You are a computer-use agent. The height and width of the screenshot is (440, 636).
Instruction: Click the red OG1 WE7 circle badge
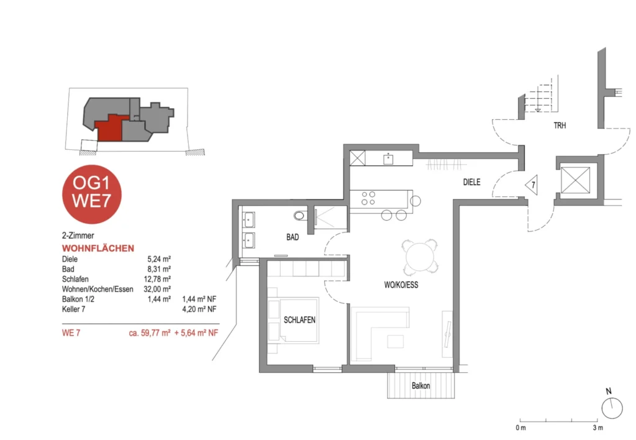[x=92, y=194]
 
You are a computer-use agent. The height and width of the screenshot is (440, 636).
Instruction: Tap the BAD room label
[x=293, y=237]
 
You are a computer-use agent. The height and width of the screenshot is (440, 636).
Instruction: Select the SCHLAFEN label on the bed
[x=299, y=320]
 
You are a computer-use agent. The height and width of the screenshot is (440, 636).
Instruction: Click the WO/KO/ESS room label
[x=401, y=285]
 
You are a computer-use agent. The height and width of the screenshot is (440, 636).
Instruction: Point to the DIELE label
[x=472, y=182]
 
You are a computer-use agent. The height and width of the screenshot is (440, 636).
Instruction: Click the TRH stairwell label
[x=560, y=126]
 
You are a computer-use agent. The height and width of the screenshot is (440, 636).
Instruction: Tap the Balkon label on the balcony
[x=420, y=385]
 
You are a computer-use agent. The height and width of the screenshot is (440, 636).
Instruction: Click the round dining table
[x=420, y=257]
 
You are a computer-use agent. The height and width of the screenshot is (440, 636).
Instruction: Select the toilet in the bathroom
[x=301, y=215]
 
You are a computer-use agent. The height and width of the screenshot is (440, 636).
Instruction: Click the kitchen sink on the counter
[x=388, y=158]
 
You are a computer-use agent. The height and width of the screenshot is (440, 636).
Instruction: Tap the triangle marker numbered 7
[x=532, y=185]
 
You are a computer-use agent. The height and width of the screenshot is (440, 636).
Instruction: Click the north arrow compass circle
[x=612, y=408]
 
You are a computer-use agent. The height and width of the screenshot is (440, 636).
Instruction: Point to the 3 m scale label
[x=597, y=428]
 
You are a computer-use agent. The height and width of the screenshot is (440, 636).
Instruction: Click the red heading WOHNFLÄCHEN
[x=98, y=249]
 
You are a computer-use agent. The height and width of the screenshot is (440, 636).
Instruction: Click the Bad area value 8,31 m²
[x=159, y=269]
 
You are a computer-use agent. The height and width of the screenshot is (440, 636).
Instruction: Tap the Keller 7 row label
[x=73, y=309]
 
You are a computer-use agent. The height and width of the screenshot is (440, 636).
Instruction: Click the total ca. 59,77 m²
[x=150, y=333]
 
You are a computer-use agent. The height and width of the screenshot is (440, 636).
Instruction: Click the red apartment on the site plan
[x=109, y=128]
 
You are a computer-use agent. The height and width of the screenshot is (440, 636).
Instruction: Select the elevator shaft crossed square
[x=575, y=180]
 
